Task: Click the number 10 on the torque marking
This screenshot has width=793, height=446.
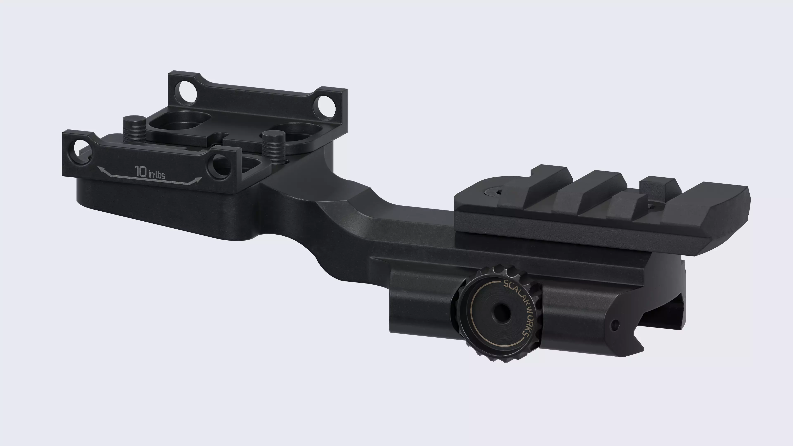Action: coord(141,171)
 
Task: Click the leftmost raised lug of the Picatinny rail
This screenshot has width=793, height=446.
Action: coord(536,185)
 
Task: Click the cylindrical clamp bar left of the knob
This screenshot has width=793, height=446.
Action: coord(422,308)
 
